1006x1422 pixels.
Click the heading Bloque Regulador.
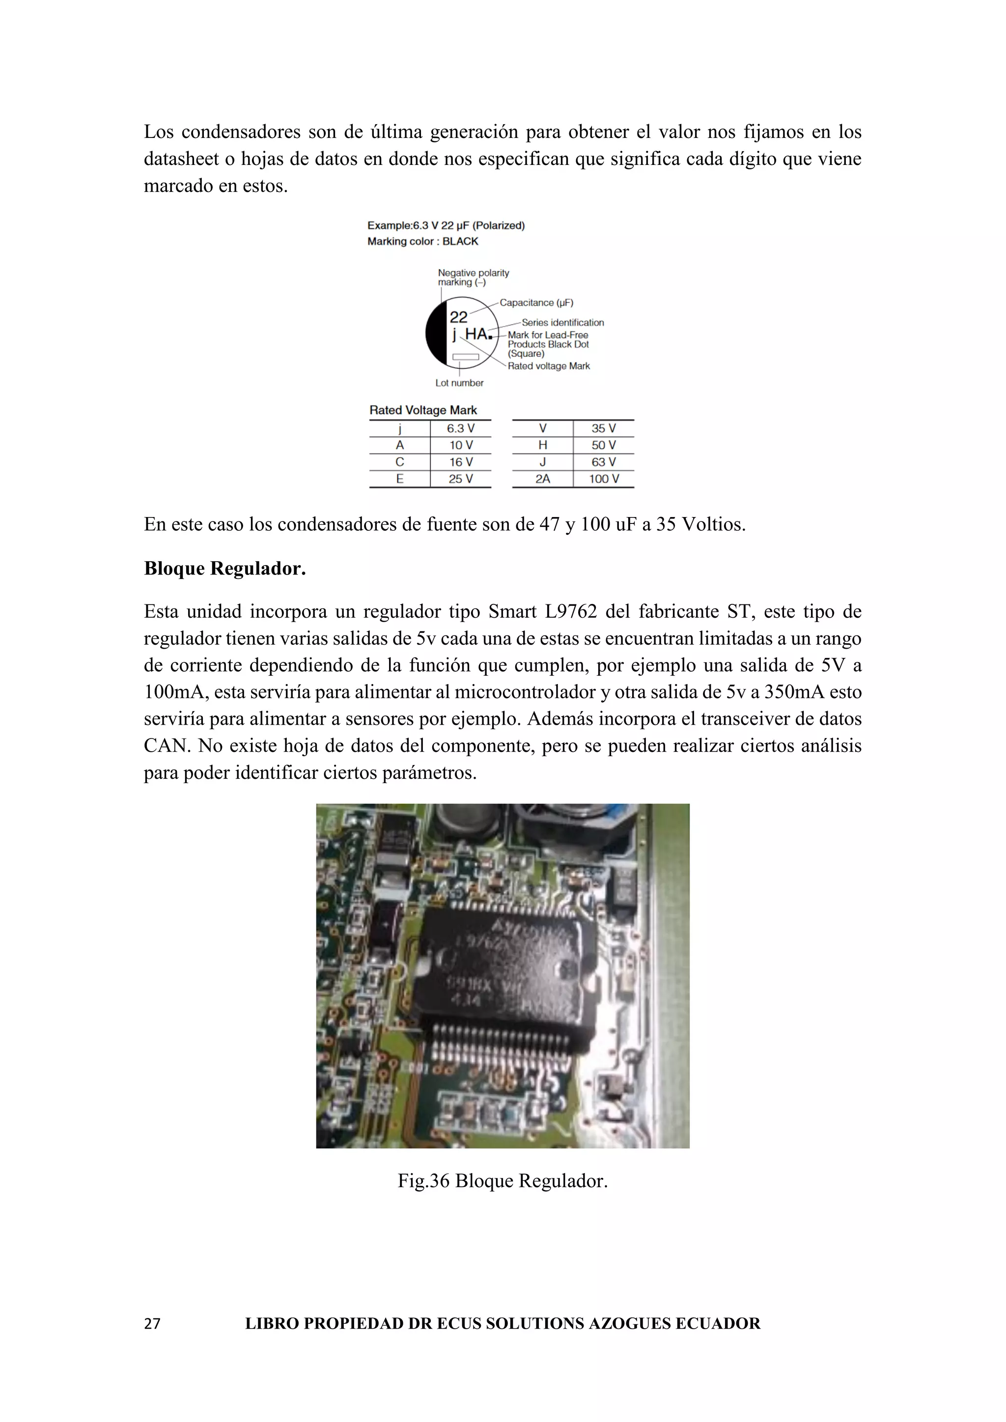point(225,569)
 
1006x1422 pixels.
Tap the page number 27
point(152,1323)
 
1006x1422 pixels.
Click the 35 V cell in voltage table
point(603,429)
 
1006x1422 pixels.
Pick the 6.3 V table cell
point(460,429)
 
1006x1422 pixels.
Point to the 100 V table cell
point(603,479)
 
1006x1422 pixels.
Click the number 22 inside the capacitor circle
point(458,318)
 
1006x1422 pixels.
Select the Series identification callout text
point(562,323)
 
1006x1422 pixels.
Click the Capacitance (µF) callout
point(536,303)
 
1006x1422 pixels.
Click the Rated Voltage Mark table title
point(423,410)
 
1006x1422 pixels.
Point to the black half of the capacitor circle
point(436,334)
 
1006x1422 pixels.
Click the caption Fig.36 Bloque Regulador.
point(503,1181)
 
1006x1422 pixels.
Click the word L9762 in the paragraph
point(570,612)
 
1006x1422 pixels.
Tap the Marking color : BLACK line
point(422,242)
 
